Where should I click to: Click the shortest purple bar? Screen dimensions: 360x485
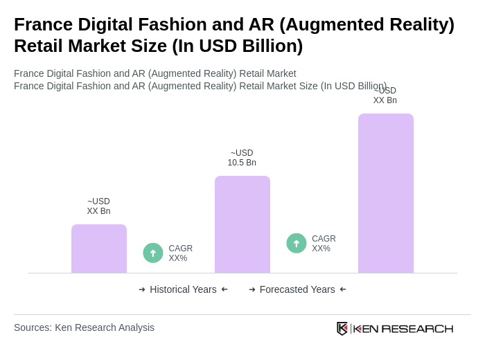coord(99,249)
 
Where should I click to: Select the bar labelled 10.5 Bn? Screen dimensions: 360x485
coord(242,224)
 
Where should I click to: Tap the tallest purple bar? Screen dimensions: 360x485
coord(386,193)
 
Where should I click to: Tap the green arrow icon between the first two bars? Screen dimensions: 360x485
coord(153,253)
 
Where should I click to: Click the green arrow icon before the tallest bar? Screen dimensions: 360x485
coord(297,243)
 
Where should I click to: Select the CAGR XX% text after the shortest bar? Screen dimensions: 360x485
coord(181,253)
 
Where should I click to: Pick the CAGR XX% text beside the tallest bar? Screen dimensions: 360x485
coord(324,244)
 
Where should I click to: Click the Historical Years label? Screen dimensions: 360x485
coord(183,289)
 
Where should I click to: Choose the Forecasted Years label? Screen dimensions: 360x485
coord(297,289)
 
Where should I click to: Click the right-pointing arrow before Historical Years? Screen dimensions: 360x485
coord(142,289)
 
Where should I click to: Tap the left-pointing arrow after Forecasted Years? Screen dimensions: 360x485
coord(343,289)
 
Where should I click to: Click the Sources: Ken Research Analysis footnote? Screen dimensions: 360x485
coord(84,327)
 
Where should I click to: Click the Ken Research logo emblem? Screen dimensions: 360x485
coord(342,328)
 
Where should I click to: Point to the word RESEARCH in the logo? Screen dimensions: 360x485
coord(417,328)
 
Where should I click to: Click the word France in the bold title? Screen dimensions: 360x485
coord(43,24)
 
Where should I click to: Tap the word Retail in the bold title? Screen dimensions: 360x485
coord(40,46)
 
